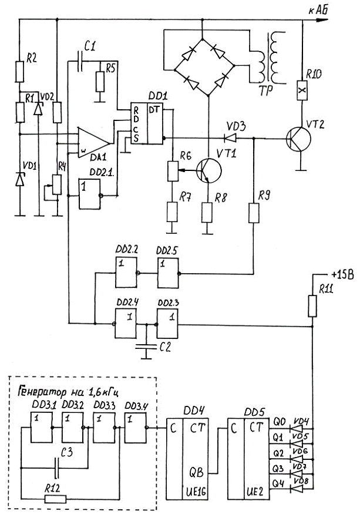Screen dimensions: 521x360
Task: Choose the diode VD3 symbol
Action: (231, 139)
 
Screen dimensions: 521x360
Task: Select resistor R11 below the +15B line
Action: (313, 305)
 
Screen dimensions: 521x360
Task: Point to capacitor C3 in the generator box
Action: (56, 468)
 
